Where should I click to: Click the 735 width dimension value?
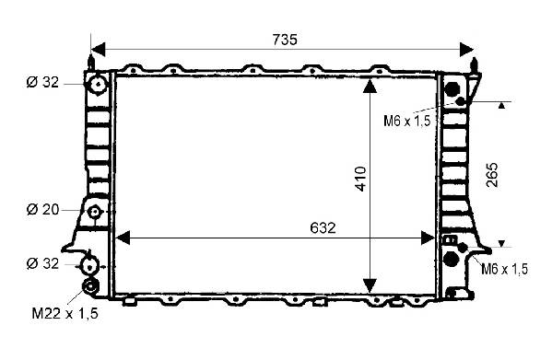285,40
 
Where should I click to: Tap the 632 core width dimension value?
323,228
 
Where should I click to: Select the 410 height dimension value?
361,179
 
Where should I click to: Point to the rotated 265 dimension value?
492,175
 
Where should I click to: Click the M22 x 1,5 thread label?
65,313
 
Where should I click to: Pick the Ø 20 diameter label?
42,210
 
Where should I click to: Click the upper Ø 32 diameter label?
42,82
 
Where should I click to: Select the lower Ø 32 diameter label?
42,263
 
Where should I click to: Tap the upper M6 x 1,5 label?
407,121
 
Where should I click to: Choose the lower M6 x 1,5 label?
504,269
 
